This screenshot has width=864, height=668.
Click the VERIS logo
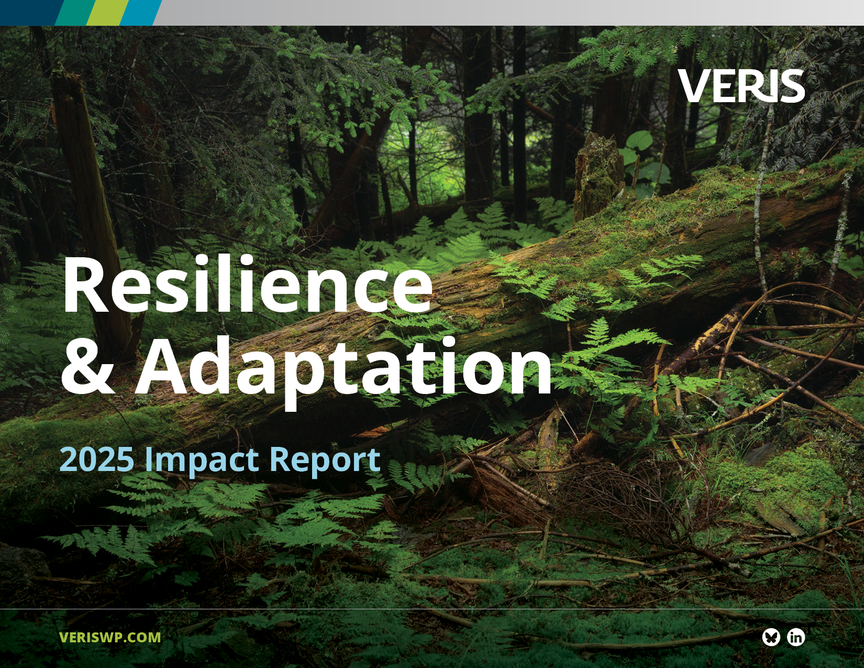click(741, 86)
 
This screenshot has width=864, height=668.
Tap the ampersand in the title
click(87, 367)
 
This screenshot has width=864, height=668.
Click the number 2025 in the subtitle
click(97, 459)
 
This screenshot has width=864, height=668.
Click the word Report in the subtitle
click(325, 461)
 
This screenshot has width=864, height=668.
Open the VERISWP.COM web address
click(110, 637)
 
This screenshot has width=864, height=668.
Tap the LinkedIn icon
click(796, 637)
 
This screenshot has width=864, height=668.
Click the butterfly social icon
click(771, 637)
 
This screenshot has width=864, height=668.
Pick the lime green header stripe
click(107, 12)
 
